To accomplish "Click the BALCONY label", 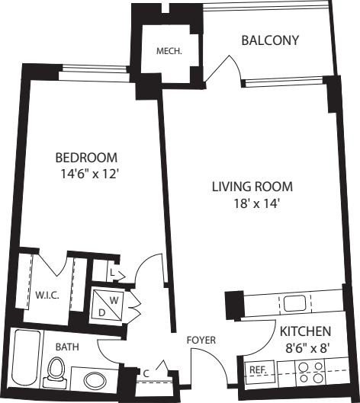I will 269,40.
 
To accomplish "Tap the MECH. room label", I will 168,52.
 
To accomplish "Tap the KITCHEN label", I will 304,331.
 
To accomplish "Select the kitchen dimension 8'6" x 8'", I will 304,347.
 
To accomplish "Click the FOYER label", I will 201,340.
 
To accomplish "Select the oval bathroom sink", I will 96,380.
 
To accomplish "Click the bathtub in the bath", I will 23,360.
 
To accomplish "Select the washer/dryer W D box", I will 106,305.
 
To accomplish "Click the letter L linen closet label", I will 111,271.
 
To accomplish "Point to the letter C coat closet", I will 146,373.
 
